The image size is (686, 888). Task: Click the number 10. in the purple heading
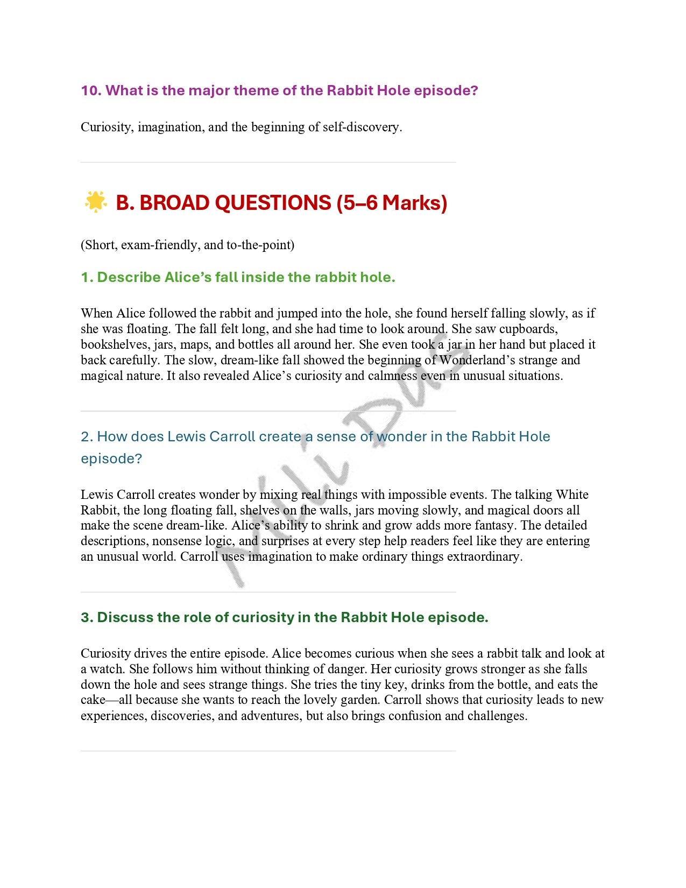tap(91, 90)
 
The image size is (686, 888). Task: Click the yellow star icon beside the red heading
tap(95, 202)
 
